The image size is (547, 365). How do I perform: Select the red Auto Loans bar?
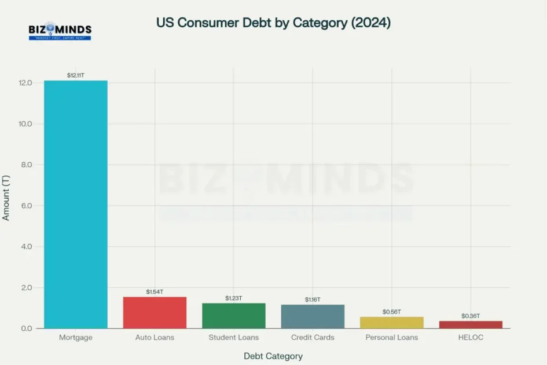[155, 313]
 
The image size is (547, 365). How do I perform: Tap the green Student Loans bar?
[234, 316]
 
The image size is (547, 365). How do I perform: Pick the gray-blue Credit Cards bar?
[313, 316]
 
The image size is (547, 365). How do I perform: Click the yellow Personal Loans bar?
[392, 323]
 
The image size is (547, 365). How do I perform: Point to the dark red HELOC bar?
[471, 324]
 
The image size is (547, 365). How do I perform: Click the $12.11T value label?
[76, 75]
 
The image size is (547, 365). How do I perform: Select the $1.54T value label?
[155, 291]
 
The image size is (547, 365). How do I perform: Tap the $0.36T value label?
[471, 316]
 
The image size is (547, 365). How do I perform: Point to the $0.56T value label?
[392, 312]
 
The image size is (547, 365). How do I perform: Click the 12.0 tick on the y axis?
[25, 83]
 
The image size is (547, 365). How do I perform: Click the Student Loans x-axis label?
[234, 337]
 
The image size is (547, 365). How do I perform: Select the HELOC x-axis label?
[471, 337]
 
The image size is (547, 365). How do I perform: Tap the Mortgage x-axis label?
[76, 337]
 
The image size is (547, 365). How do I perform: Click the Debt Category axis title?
[273, 356]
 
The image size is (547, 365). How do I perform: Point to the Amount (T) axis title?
[7, 198]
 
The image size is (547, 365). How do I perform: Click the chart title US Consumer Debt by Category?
[273, 23]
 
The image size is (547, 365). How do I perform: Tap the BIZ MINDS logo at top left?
[60, 31]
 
